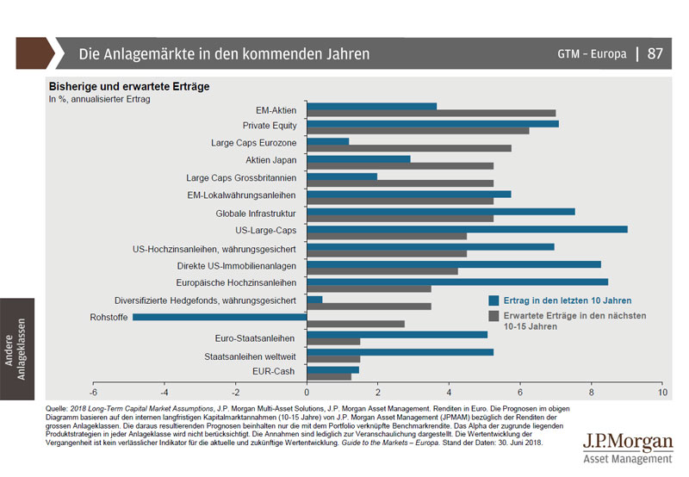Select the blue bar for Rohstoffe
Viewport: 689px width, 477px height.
point(220,317)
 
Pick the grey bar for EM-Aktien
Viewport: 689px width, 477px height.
point(431,113)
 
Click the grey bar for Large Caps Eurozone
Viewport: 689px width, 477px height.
point(409,148)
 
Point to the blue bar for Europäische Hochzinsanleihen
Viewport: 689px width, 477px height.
point(457,282)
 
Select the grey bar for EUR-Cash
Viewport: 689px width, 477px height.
point(329,376)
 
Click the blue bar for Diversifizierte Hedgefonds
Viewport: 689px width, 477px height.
point(314,300)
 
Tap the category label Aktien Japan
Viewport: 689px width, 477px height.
point(271,160)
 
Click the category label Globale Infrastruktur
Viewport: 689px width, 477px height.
point(256,213)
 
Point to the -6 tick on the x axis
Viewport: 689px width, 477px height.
point(94,392)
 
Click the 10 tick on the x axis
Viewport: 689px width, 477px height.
point(661,392)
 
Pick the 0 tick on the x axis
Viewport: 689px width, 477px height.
point(307,392)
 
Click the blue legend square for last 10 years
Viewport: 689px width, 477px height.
point(494,300)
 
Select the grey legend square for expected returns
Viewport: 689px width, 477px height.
point(494,316)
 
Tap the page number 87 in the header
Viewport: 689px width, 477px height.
point(655,53)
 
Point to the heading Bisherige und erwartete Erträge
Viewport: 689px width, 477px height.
point(128,86)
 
